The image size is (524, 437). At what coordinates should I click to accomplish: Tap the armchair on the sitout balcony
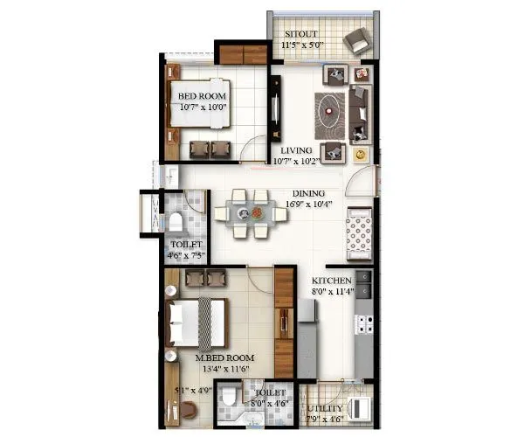(356, 40)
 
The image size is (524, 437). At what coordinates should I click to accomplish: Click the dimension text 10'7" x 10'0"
(203, 108)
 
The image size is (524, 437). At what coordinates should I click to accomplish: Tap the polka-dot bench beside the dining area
(360, 231)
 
